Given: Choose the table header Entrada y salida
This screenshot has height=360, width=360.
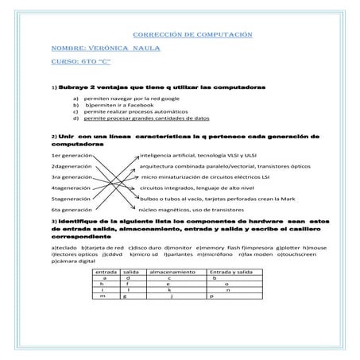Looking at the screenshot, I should coord(230,272).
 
